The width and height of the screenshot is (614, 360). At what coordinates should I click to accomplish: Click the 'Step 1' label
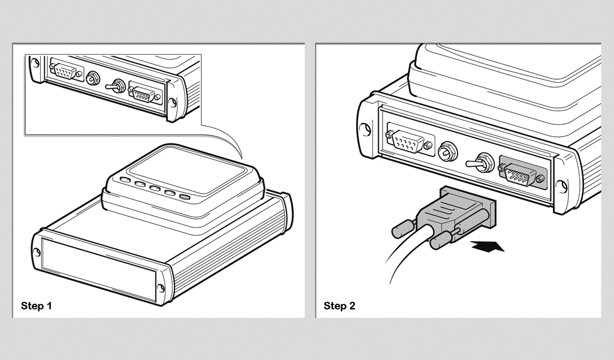37,305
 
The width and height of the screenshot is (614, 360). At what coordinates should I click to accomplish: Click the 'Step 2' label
339,305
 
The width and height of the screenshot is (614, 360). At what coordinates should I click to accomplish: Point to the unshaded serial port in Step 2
410,140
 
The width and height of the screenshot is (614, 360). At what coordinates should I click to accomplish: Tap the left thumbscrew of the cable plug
404,228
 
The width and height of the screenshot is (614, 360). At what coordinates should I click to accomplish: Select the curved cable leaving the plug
405,251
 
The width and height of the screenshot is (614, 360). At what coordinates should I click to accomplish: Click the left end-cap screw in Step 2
365,130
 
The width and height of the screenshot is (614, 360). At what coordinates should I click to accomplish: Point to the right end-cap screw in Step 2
562,187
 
